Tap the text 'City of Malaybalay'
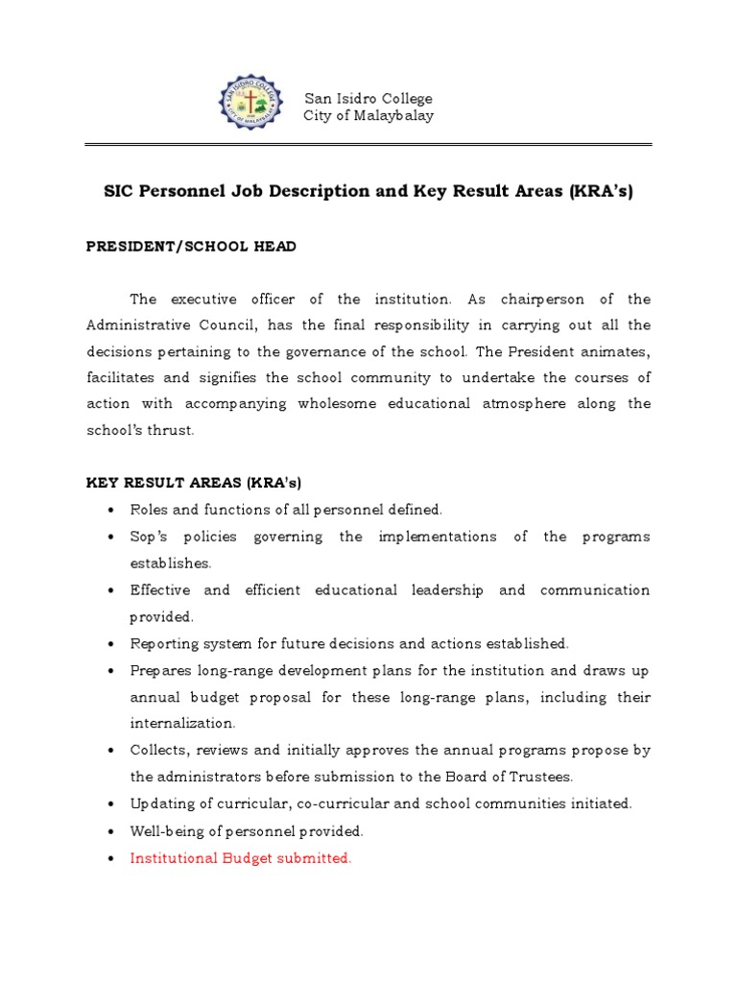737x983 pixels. pyautogui.click(x=368, y=116)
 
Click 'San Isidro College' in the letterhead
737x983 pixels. pyautogui.click(x=368, y=99)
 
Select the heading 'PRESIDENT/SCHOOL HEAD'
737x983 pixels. pyautogui.click(x=191, y=247)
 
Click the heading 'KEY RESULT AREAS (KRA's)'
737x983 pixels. pyautogui.click(x=194, y=482)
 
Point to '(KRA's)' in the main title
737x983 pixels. pyautogui.click(x=600, y=191)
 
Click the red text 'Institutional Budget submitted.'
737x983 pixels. pyautogui.click(x=241, y=858)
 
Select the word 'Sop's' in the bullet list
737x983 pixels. pyautogui.click(x=151, y=537)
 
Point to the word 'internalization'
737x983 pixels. pyautogui.click(x=182, y=723)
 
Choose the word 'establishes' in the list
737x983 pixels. pyautogui.click(x=171, y=563)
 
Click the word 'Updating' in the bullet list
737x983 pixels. pyautogui.click(x=160, y=803)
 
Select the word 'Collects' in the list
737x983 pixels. pyautogui.click(x=158, y=750)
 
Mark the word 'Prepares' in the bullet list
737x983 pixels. pyautogui.click(x=160, y=670)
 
